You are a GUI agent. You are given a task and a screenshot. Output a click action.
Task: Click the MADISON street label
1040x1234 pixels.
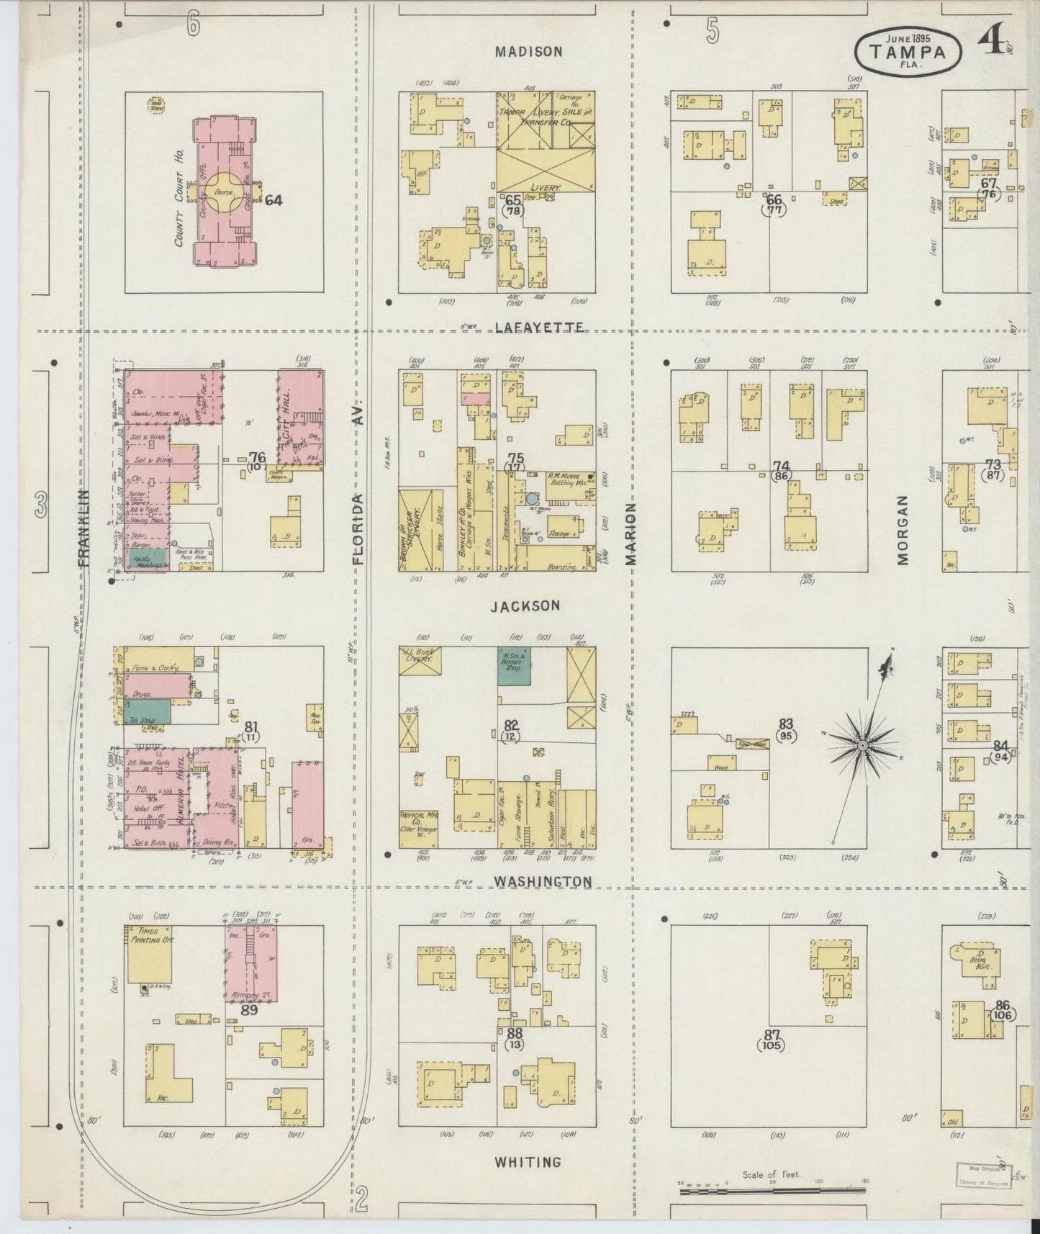click(528, 52)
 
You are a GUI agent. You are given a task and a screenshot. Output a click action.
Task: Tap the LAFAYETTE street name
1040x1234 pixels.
click(540, 328)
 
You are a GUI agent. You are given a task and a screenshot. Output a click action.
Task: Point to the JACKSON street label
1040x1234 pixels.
click(525, 606)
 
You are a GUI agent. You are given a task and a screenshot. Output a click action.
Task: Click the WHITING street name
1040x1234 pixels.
click(528, 1162)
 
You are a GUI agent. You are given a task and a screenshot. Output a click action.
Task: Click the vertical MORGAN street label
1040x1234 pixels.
click(903, 530)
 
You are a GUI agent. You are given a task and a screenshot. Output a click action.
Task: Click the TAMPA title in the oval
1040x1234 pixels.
click(908, 51)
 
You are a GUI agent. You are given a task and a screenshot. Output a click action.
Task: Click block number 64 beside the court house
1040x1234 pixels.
click(273, 200)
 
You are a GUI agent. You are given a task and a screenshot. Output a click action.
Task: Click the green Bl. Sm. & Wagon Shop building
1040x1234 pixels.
click(514, 665)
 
